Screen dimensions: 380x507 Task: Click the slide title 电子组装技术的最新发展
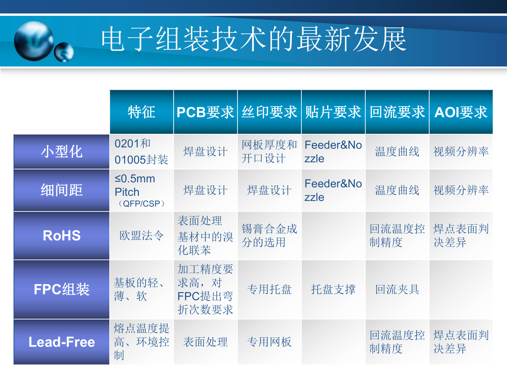[253, 39]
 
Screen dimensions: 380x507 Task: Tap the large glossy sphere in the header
[34, 41]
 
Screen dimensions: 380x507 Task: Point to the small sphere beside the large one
[64, 52]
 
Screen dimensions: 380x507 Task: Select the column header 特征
[142, 112]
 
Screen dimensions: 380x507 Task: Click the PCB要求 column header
[205, 112]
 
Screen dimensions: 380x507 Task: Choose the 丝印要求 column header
[269, 112]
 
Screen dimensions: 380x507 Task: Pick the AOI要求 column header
[461, 112]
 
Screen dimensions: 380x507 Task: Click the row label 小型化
[62, 152]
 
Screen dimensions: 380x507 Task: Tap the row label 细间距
[62, 190]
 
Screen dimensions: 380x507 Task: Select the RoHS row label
[62, 235]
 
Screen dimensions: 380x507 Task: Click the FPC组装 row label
[62, 289]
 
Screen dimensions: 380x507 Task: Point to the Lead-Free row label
[62, 342]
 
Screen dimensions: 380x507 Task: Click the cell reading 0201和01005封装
[142, 152]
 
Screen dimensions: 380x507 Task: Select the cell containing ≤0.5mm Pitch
[142, 190]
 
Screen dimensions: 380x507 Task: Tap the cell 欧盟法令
[142, 235]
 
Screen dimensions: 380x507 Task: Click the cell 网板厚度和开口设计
[269, 152]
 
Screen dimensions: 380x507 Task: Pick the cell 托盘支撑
[333, 289]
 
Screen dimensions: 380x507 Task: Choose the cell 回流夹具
[397, 289]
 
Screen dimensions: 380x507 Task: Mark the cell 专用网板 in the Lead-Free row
[269, 342]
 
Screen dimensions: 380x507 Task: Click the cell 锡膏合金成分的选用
[269, 235]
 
